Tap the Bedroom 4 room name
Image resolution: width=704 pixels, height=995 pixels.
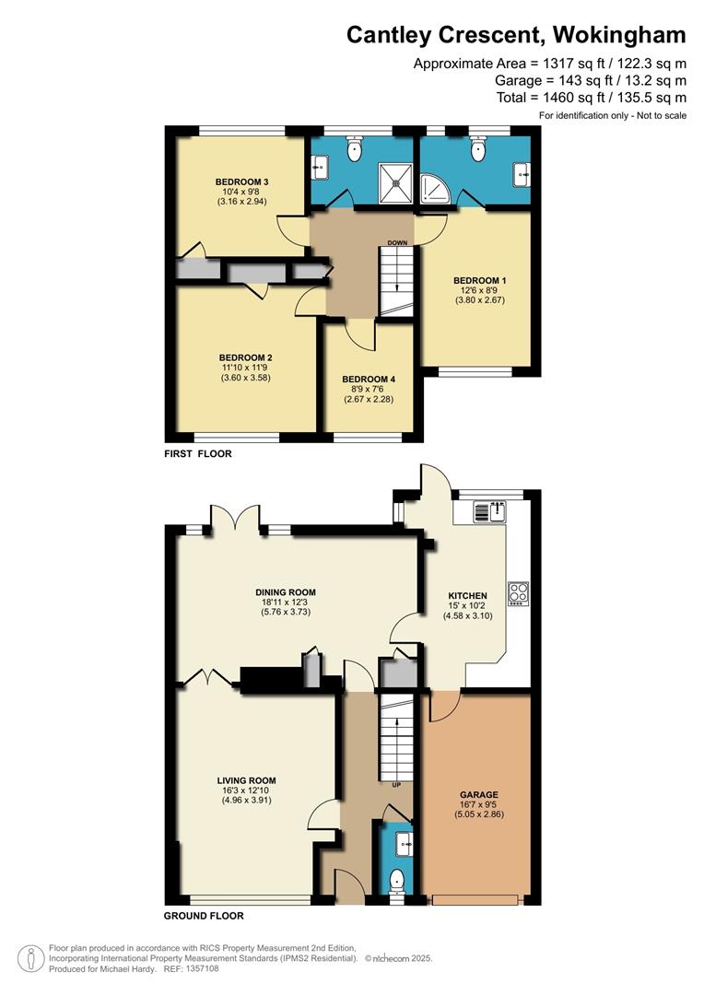tap(369, 380)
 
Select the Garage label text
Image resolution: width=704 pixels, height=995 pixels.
tap(478, 794)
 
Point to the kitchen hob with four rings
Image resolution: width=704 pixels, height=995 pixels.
tap(518, 593)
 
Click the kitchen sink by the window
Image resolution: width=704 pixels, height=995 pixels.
tap(489, 511)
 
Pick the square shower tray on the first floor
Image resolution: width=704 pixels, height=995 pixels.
tap(396, 183)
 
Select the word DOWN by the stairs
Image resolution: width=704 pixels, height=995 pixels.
tap(397, 243)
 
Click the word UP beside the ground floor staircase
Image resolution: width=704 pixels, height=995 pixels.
tap(397, 785)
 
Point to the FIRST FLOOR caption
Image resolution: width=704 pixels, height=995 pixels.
tap(198, 453)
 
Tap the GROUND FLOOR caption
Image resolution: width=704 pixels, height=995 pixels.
tap(204, 916)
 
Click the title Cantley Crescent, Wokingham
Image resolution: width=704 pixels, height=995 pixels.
tap(516, 35)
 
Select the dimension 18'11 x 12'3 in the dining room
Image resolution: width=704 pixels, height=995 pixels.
tap(286, 603)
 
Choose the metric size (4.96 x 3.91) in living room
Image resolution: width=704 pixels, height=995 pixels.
tap(247, 801)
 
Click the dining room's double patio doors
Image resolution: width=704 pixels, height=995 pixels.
tap(236, 517)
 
